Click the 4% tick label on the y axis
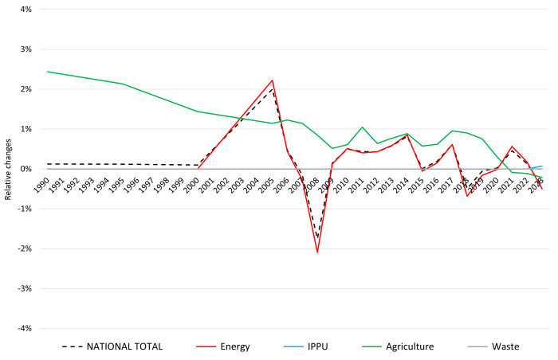click(x=23, y=10)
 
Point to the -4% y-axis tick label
click(x=22, y=328)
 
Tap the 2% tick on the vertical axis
click(x=23, y=89)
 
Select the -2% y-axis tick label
click(x=22, y=248)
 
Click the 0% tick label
click(x=23, y=169)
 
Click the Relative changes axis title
click(x=8, y=169)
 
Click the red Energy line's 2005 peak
click(x=273, y=80)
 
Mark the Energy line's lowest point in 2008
click(x=317, y=252)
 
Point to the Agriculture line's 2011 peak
click(x=363, y=127)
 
